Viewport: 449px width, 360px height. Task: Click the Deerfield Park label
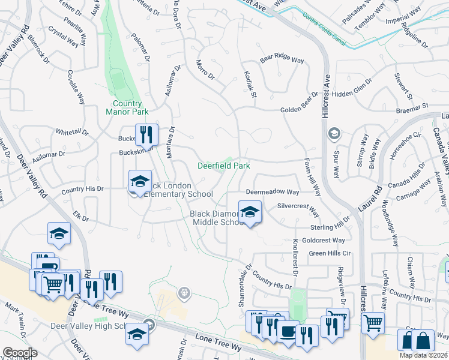224,165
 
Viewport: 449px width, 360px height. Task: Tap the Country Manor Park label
127,107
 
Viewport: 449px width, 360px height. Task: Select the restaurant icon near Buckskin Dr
146,135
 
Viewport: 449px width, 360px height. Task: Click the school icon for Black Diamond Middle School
250,212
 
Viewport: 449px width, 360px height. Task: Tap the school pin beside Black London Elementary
140,182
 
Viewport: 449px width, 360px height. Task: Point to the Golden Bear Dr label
298,110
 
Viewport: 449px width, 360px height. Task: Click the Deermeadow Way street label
272,192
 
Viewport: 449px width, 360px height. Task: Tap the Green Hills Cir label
330,253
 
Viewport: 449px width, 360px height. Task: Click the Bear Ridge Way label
282,59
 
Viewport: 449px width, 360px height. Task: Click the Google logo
20,353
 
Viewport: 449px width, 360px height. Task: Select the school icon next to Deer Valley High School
137,334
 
